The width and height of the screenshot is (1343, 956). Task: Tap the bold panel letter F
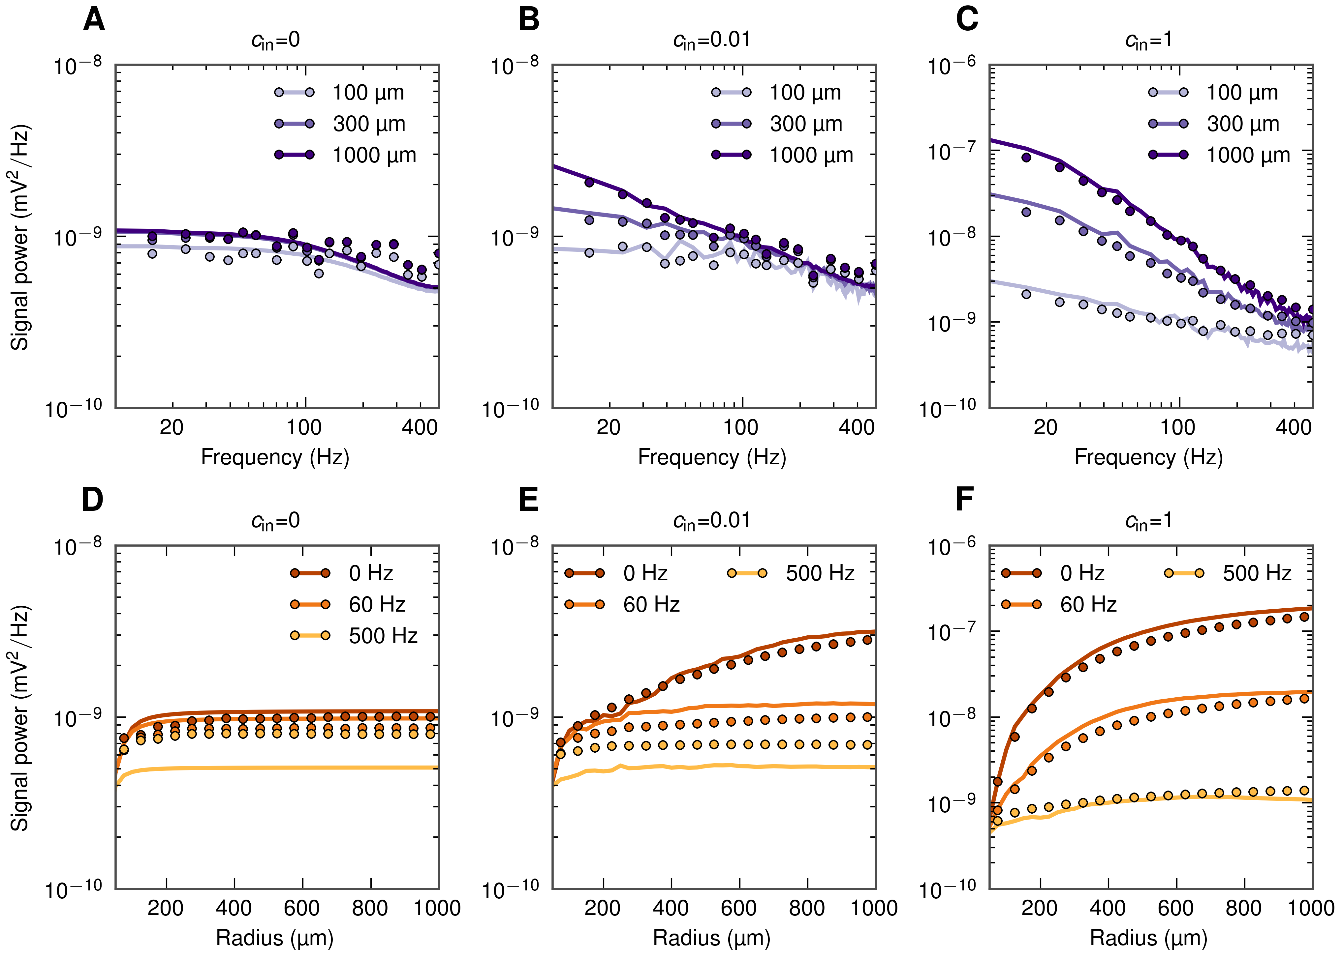point(964,500)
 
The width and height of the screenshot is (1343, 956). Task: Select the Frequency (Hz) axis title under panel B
point(711,457)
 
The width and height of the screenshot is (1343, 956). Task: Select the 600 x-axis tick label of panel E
point(739,908)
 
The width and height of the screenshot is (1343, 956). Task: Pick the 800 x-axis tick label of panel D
point(370,908)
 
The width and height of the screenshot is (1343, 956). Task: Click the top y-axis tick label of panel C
point(951,66)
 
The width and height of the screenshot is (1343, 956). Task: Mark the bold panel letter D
point(92,500)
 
